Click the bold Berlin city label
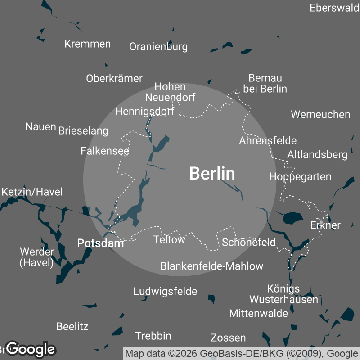[212, 173]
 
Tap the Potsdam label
[100, 243]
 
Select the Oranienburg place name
[158, 46]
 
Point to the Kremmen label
[88, 44]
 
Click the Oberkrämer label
[114, 78]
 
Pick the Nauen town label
[40, 127]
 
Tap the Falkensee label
[105, 151]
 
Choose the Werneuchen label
[320, 114]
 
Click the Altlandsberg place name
[317, 155]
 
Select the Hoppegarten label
[300, 176]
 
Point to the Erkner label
[325, 225]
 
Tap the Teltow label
[169, 239]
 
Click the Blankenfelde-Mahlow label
[211, 266]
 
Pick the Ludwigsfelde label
[165, 292]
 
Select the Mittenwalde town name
[258, 313]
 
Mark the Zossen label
[228, 337]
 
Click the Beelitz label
[72, 326]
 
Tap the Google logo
[31, 349]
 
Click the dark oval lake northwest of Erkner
[293, 218]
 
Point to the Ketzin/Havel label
[32, 192]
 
